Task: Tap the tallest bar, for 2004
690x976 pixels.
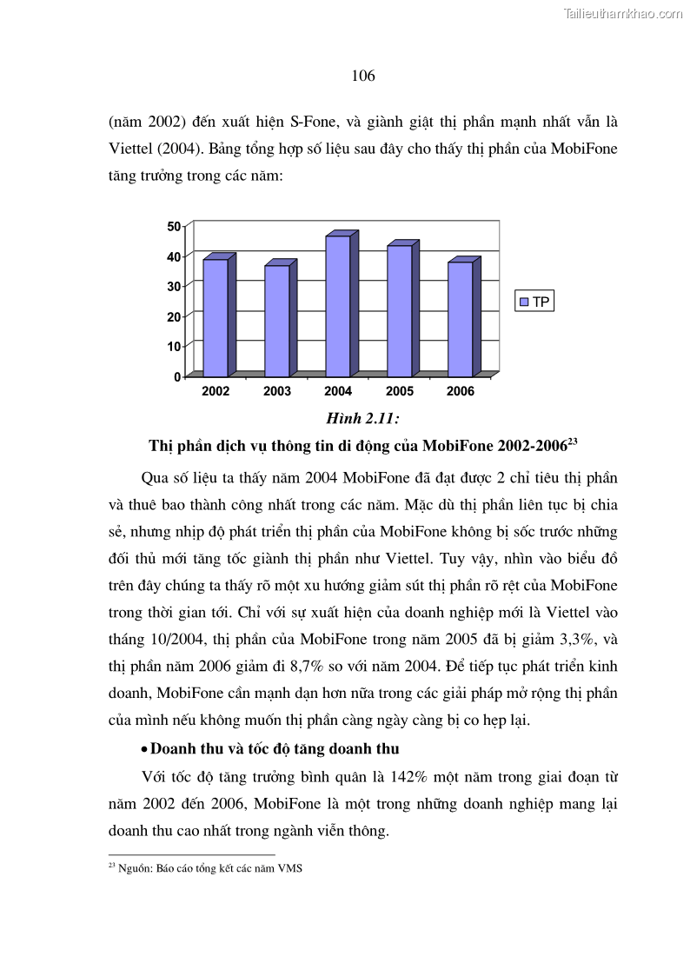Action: click(x=338, y=305)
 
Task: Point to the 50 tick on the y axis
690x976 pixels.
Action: click(x=174, y=226)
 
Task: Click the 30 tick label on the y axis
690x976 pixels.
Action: click(x=174, y=286)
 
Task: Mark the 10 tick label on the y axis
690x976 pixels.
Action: click(x=174, y=346)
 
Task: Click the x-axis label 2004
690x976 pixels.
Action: click(x=338, y=392)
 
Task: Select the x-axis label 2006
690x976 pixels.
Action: click(x=461, y=392)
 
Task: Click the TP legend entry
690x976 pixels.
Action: click(x=534, y=302)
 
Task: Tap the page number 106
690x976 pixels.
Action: click(x=363, y=76)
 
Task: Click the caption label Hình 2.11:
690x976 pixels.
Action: click(x=362, y=419)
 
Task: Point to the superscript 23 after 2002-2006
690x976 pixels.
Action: click(x=573, y=442)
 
